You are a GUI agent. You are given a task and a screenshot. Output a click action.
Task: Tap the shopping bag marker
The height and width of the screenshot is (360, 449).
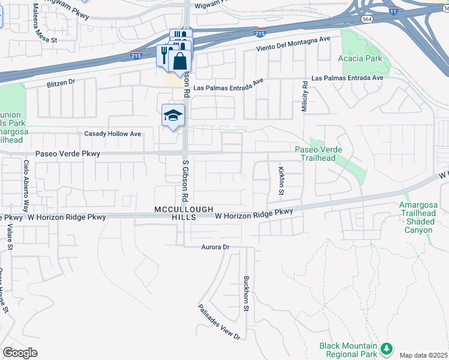coord(179,61)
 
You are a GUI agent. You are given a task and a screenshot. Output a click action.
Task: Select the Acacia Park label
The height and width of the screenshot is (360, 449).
coord(368,59)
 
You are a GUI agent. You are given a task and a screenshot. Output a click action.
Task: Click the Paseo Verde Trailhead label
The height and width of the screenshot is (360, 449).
coord(323,154)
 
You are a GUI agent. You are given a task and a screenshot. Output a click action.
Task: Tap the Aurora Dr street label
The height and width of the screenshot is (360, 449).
coord(215,247)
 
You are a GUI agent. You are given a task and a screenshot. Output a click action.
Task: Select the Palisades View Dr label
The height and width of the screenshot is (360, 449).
coord(220,322)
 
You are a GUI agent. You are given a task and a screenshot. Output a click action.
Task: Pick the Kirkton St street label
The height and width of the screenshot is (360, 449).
coord(280,182)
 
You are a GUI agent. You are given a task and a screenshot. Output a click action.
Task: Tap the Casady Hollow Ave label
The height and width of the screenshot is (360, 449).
coord(113,134)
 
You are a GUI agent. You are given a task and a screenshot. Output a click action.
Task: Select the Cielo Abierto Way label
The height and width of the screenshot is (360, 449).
coord(26,186)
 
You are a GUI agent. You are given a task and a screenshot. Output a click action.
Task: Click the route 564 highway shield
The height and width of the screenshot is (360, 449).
coord(366,19)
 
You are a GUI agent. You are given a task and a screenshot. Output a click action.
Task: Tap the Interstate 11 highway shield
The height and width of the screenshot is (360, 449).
coord(393,11)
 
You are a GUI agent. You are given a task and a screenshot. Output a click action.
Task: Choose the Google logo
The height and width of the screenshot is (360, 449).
coord(20,353)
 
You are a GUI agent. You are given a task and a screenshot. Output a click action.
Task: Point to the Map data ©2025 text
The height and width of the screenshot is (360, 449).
coord(424,355)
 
